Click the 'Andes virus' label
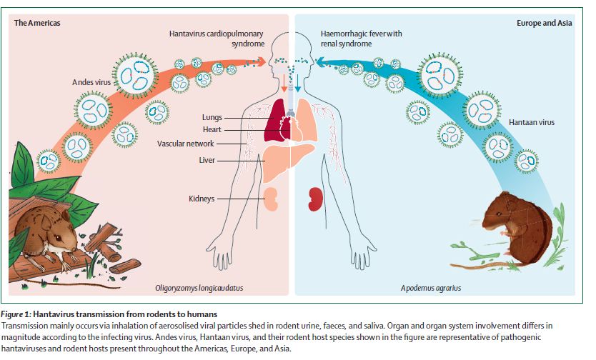91,82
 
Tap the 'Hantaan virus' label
532,122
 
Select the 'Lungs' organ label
212,118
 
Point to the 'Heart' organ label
212,129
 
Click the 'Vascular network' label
186,144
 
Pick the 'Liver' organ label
207,160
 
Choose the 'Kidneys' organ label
202,199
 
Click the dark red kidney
315,199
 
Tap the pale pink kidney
271,199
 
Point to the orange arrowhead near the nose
261,61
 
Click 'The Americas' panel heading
37,23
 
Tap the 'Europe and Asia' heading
544,23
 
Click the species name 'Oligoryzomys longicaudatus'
199,288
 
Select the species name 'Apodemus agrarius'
431,288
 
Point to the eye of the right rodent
498,214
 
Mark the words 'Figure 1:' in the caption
16,314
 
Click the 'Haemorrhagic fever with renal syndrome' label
361,39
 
